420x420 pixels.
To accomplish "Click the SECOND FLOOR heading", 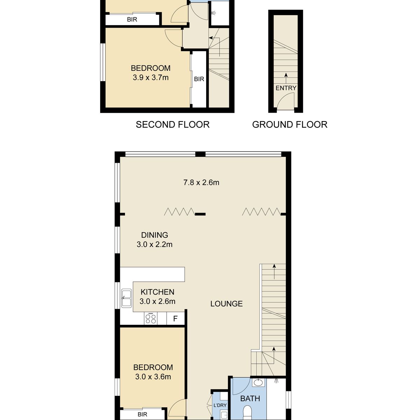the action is coord(173,125).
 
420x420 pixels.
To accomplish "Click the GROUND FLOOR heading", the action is coord(290,125).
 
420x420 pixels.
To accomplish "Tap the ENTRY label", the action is coord(286,88).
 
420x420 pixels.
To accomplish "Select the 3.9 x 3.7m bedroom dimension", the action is coord(150,78).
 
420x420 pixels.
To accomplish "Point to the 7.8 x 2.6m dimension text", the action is coord(201,182).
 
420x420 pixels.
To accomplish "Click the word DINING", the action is coord(155,235).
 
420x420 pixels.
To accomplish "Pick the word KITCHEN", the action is coord(157,292).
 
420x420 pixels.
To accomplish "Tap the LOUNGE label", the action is coord(226,303).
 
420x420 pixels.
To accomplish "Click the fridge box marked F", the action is coord(175,318).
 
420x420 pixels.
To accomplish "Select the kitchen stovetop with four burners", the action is coord(150,318).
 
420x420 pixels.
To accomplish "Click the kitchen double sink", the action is coord(126,299).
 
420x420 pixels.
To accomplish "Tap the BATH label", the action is coord(250,398).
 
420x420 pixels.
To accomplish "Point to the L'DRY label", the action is coord(220,405).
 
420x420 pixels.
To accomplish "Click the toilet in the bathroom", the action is coord(247,413).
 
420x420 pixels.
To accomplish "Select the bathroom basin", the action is coord(259,383).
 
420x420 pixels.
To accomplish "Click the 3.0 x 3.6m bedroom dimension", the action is coord(153,377).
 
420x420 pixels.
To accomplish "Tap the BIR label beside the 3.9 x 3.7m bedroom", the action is coord(199,79).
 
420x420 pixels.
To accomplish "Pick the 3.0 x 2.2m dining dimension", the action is coord(155,244).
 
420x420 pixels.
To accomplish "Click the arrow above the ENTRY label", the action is coord(286,78).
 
